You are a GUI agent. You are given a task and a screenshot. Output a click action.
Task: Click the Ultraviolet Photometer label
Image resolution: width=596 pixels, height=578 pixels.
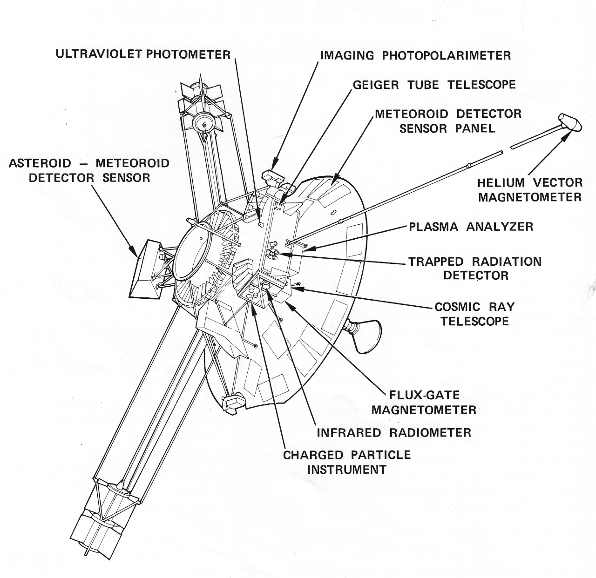click(x=143, y=54)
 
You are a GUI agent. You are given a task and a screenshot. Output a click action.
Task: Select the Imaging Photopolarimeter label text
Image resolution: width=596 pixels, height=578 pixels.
click(x=415, y=55)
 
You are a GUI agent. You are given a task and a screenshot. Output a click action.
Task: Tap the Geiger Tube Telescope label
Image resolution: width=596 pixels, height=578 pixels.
click(x=434, y=85)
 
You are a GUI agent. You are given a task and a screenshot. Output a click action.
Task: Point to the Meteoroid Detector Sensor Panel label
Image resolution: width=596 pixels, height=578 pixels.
click(x=448, y=121)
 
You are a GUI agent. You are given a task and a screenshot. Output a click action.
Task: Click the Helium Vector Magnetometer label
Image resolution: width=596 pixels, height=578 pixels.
click(x=530, y=189)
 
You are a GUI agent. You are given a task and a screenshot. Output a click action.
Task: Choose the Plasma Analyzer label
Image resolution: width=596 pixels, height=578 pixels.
click(x=471, y=227)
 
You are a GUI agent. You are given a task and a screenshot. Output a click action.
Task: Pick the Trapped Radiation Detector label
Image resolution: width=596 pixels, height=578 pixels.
click(x=475, y=268)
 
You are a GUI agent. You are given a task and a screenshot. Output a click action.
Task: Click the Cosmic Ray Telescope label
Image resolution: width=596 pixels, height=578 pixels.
click(x=474, y=314)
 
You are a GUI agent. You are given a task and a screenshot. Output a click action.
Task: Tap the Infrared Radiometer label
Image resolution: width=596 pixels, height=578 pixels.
click(x=394, y=432)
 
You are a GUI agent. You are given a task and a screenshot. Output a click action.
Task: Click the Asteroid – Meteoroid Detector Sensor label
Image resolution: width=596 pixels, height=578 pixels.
click(x=89, y=170)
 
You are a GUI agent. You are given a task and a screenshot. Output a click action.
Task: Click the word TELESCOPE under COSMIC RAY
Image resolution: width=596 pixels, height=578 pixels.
click(x=474, y=321)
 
